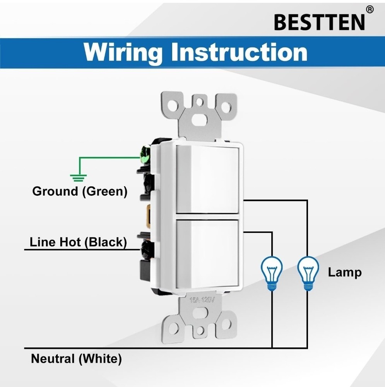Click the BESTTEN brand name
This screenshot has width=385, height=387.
[x=319, y=22]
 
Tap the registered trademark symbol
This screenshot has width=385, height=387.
[x=370, y=10]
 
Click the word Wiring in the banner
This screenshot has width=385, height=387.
[x=123, y=53]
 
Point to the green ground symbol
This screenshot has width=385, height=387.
[x=78, y=178]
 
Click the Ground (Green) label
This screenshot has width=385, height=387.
[x=80, y=192]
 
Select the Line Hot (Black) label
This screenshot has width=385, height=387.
[x=78, y=242]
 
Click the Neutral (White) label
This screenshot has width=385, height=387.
[x=76, y=359]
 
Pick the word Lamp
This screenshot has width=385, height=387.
[x=345, y=272]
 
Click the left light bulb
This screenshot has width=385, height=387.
[x=272, y=273]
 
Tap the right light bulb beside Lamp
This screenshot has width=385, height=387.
[x=308, y=273]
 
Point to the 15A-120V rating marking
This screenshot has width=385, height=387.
[x=202, y=300]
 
